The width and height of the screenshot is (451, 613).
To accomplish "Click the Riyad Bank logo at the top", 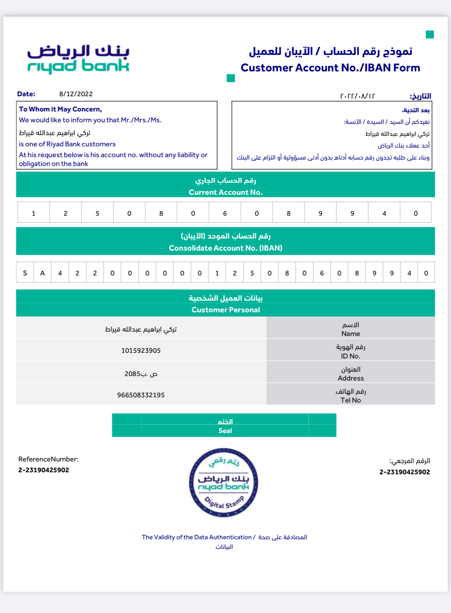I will click(x=78, y=59).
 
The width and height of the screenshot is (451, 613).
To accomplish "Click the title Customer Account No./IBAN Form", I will click(x=330, y=68).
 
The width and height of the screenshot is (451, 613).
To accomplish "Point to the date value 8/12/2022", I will click(x=76, y=94).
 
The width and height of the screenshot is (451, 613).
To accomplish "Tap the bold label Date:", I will click(x=26, y=94).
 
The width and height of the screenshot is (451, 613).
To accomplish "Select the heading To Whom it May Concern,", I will click(x=61, y=109).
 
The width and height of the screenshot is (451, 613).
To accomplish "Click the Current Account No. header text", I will click(x=225, y=192).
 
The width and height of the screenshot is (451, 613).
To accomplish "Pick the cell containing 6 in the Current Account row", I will click(x=225, y=213).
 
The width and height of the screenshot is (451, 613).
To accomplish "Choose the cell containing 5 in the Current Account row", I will click(x=97, y=213).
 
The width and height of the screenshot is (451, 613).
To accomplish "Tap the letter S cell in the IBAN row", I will click(x=25, y=273).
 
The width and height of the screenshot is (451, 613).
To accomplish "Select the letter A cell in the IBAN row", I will click(x=42, y=273).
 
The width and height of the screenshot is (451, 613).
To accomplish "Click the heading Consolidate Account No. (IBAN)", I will click(x=225, y=248).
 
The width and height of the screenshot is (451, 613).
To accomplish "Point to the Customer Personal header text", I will click(x=225, y=310).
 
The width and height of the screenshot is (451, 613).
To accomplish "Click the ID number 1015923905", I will click(x=141, y=350).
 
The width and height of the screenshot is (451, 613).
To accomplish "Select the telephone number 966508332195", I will click(x=141, y=395).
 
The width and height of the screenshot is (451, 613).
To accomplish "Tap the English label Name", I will click(x=350, y=334).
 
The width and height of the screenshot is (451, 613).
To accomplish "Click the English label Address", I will click(x=350, y=378).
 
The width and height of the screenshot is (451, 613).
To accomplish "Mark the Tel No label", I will click(x=350, y=400).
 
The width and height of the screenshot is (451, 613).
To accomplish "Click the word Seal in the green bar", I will click(x=225, y=431).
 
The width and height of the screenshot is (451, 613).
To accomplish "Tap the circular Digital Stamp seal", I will click(x=224, y=483).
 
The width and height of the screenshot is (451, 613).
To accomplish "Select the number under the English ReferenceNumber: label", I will click(x=44, y=470).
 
